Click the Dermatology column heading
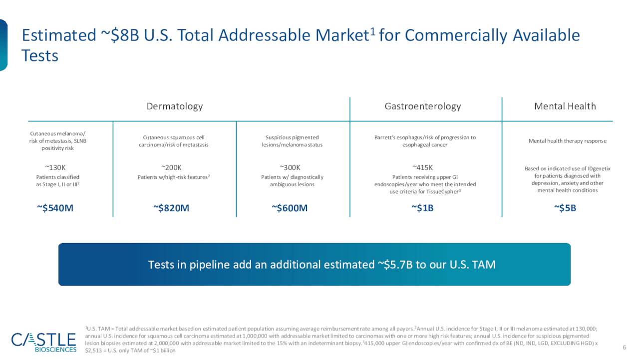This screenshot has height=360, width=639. coord(175,106)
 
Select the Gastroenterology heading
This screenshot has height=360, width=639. coord(423,106)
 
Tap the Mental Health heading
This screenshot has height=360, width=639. coord(565,106)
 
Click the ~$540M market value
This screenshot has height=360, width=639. coord(55,208)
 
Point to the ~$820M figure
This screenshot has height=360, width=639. coord(171,208)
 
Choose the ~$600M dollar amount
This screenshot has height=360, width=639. coord(290,208)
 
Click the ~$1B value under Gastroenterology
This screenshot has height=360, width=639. coord(422,208)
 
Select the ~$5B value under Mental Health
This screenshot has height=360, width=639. coord(565,208)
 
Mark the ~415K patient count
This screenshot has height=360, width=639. coord(422,167)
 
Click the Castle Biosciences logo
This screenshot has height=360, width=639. coord(44,342)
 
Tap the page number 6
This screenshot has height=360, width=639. coord(624,347)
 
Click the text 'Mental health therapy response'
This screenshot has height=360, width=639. coord(567,141)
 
